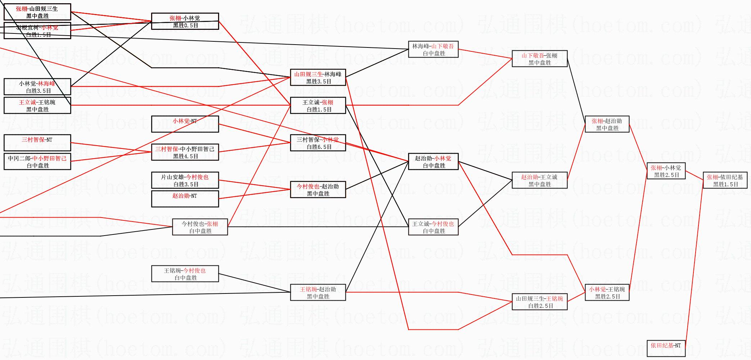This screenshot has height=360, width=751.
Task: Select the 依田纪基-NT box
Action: [x=665, y=348]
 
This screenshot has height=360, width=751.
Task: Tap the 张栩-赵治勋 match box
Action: [x=607, y=124]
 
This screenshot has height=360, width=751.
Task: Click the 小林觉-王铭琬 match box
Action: [x=607, y=292]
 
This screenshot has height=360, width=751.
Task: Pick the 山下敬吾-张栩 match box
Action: [x=539, y=59]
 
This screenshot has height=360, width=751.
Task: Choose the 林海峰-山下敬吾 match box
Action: [x=433, y=49]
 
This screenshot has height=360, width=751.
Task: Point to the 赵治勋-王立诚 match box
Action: [x=539, y=180]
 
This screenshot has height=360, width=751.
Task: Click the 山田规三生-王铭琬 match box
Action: [x=539, y=302]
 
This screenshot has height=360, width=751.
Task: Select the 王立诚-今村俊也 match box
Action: [x=433, y=227]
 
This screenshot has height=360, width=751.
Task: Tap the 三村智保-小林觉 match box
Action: [x=318, y=143]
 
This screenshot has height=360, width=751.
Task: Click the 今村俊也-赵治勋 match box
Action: [x=318, y=190]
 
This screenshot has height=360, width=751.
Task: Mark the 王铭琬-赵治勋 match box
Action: [x=318, y=292]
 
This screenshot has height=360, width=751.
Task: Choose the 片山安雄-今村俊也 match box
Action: [x=185, y=180]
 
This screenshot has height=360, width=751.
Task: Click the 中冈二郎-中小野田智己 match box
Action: [x=37, y=161]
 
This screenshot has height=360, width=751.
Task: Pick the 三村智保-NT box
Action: [x=37, y=143]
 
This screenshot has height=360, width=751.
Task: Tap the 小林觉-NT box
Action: [x=185, y=124]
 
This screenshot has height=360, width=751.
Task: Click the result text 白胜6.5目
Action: [x=319, y=147]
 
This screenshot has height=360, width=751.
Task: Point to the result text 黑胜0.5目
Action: [x=186, y=26]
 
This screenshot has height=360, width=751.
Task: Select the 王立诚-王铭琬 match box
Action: [x=37, y=105]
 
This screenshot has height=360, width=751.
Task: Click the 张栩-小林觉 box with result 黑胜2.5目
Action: [x=665, y=171]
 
